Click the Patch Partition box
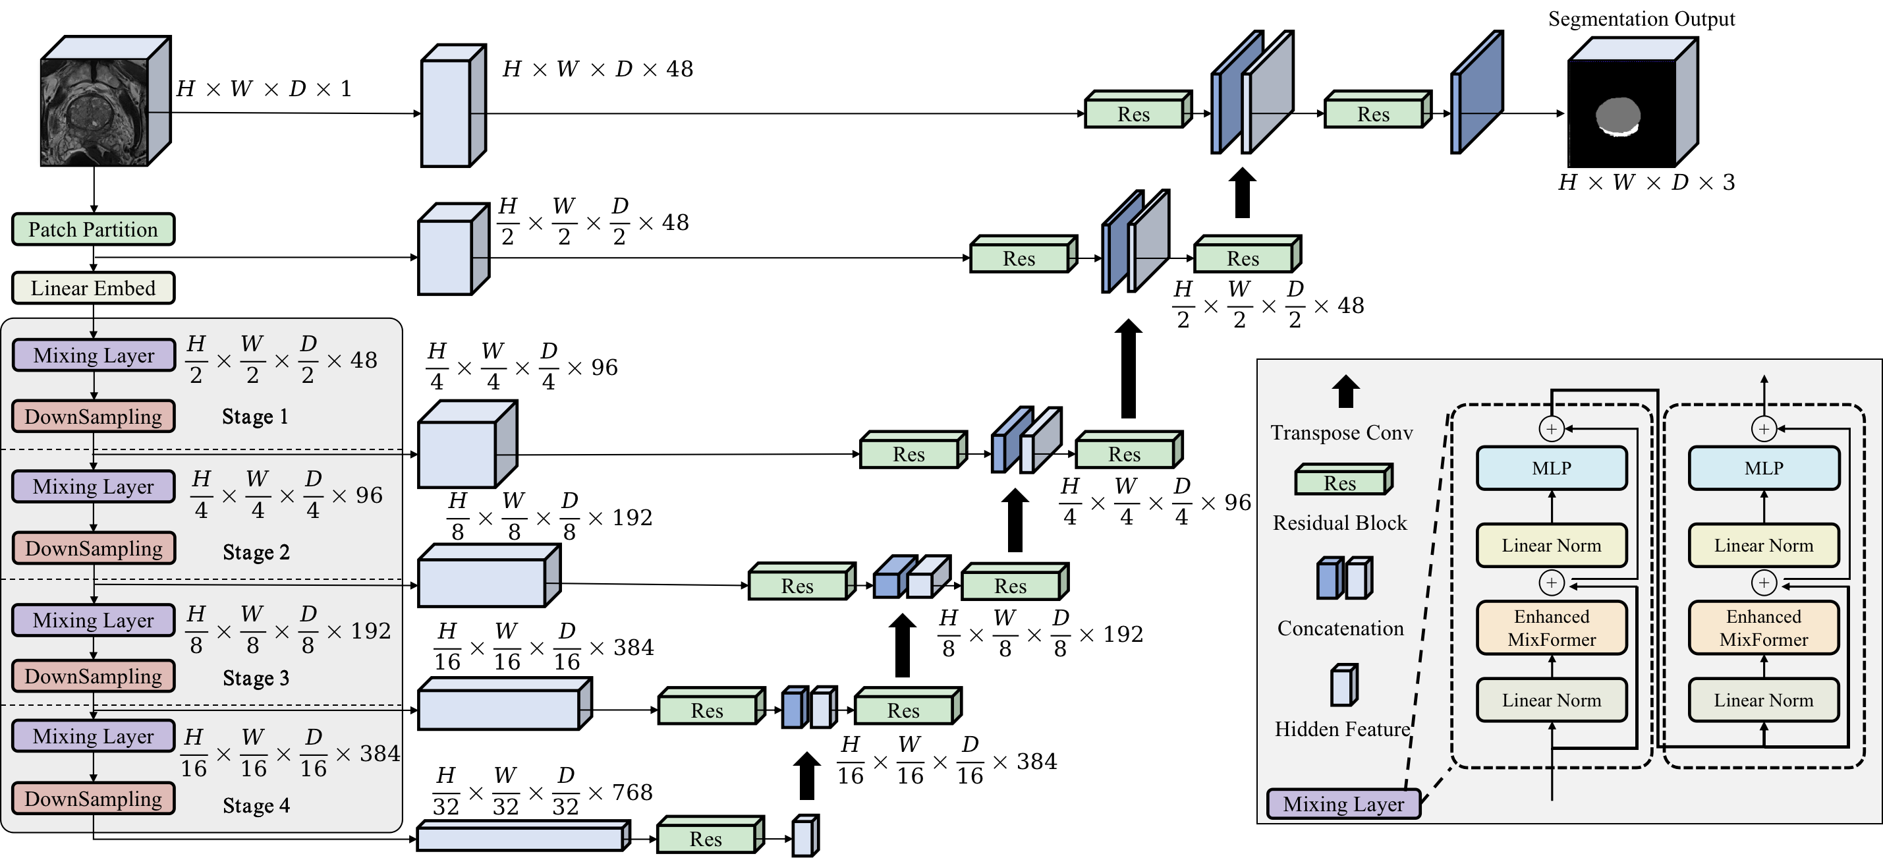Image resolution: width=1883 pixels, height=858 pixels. coord(93,229)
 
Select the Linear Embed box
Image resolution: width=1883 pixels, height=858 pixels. coord(93,288)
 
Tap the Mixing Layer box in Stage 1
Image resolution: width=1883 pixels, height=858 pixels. coord(94,355)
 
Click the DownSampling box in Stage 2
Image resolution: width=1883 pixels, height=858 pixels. coord(94,548)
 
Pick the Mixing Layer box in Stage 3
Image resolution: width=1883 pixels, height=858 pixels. coord(94,621)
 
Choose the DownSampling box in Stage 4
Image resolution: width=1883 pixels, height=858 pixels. coord(94,799)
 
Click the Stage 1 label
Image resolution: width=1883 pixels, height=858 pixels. coord(255,416)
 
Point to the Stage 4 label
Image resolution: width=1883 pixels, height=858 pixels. coord(256,805)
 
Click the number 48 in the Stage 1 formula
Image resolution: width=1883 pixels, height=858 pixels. coord(363,360)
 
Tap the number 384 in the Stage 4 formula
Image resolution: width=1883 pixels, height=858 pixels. coord(379,753)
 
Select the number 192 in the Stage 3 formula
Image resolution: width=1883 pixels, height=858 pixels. coord(371,631)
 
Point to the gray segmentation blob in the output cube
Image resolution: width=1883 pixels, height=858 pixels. coord(1617,115)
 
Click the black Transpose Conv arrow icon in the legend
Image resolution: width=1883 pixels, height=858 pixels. coord(1345,391)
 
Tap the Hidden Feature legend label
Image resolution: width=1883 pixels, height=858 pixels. coord(1342,729)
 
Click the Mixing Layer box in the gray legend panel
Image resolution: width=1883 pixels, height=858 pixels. coord(1343,804)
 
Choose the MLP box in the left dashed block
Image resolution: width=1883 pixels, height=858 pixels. coord(1551,469)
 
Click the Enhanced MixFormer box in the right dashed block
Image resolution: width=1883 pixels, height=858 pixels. coord(1763,628)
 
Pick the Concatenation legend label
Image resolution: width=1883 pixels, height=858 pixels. coord(1341,629)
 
